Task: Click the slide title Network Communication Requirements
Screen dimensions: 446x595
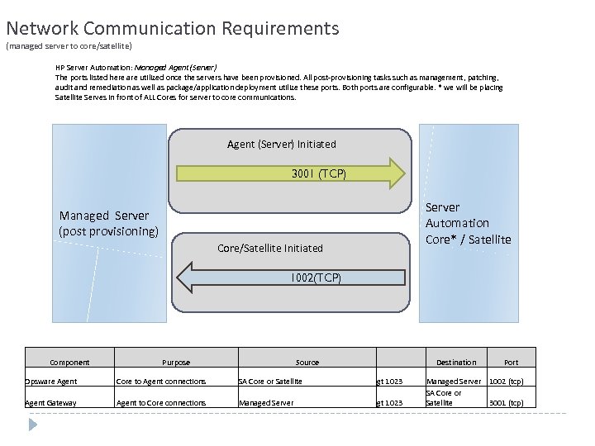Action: pyautogui.click(x=173, y=29)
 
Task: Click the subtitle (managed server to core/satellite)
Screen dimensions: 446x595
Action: pyautogui.click(x=69, y=46)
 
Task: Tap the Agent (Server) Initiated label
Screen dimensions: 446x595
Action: pyautogui.click(x=282, y=145)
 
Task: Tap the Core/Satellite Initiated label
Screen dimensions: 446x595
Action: pyautogui.click(x=269, y=248)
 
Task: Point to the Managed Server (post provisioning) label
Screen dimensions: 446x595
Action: pyautogui.click(x=108, y=223)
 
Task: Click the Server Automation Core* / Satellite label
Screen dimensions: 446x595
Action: pyautogui.click(x=468, y=223)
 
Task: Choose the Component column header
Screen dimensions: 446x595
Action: pyautogui.click(x=69, y=363)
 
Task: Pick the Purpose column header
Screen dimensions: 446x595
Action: pyautogui.click(x=175, y=363)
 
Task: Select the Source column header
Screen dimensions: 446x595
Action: pyautogui.click(x=307, y=363)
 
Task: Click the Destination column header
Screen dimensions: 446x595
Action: pyautogui.click(x=456, y=363)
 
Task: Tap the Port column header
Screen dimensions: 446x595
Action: pyautogui.click(x=512, y=363)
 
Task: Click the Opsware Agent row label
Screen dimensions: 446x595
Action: pyautogui.click(x=51, y=382)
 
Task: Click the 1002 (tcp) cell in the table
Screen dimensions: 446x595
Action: pyautogui.click(x=507, y=382)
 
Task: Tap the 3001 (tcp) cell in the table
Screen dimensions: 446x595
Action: pyautogui.click(x=507, y=403)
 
